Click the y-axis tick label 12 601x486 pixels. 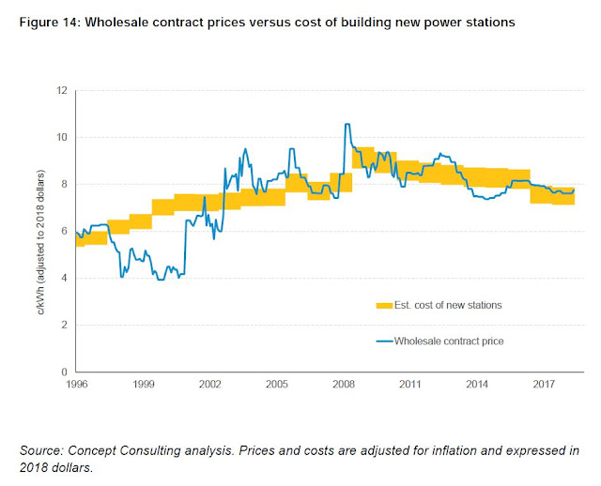[x=63, y=91]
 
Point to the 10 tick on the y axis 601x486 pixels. [x=63, y=138]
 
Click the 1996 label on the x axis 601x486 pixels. [x=77, y=385]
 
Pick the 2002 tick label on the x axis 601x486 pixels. [x=210, y=385]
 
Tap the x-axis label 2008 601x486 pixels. [x=343, y=385]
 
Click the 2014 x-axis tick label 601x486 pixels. [x=476, y=385]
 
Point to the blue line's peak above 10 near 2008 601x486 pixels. [x=347, y=124]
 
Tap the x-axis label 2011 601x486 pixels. [x=409, y=385]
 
